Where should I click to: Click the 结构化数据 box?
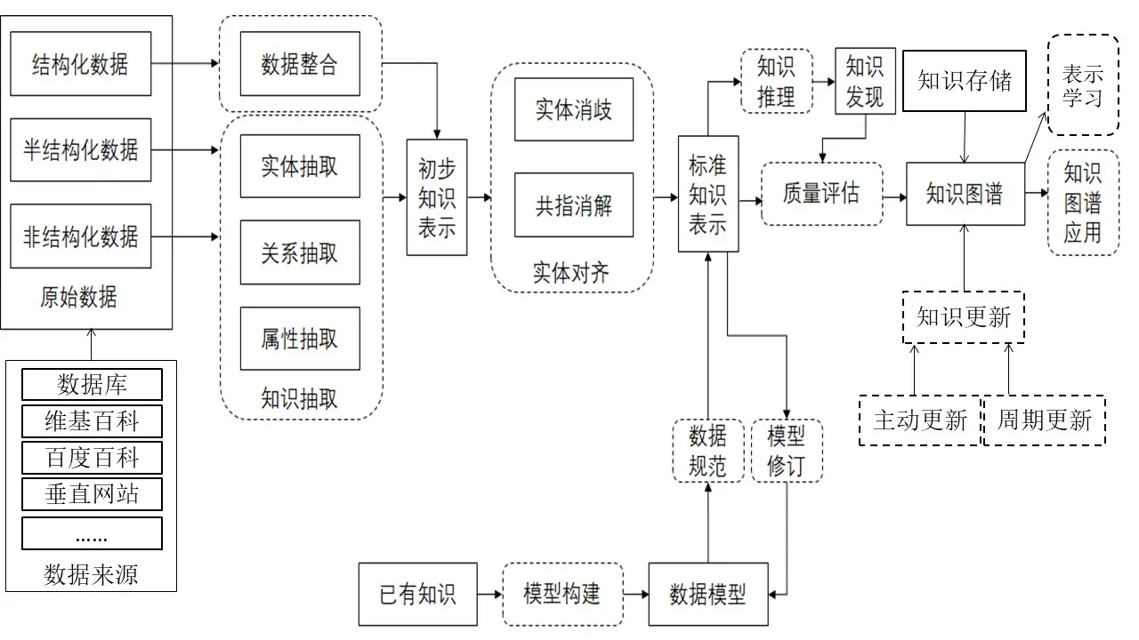80,64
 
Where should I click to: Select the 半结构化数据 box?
80,149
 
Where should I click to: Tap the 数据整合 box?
300,64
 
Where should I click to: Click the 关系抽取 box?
300,252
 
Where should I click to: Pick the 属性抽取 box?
300,339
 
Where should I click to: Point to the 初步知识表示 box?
437,197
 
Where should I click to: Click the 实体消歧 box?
574,109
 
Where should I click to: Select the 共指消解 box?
574,205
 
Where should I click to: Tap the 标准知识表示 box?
708,194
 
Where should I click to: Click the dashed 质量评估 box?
821,193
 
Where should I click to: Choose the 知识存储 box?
965,81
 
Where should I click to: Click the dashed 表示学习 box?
1083,84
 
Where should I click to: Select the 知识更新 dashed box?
964,317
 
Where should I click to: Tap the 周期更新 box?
1044,420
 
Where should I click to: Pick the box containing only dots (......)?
92,533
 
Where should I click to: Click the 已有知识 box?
417,594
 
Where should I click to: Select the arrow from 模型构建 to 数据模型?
635,594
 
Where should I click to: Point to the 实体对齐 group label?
571,273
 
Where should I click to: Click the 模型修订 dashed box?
787,451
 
